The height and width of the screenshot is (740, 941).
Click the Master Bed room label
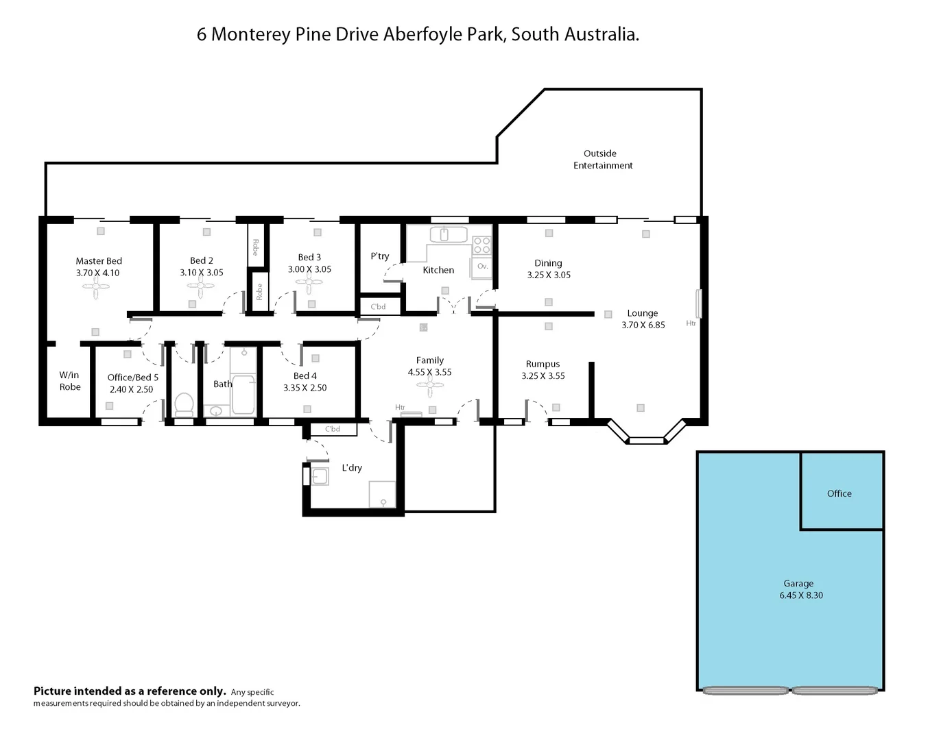click(99, 261)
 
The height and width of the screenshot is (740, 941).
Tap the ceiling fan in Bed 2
click(201, 285)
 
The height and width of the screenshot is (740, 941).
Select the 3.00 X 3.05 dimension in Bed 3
click(309, 269)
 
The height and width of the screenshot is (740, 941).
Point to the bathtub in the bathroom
click(243, 393)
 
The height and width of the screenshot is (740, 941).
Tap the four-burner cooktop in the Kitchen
click(481, 245)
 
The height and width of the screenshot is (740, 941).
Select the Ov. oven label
click(482, 266)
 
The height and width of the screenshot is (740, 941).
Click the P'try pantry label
click(380, 256)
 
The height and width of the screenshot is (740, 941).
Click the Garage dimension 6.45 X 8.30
click(800, 595)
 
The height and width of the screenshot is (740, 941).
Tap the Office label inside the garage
click(839, 493)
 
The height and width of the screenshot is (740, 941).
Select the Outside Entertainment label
click(602, 160)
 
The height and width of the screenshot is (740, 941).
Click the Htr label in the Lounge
click(691, 323)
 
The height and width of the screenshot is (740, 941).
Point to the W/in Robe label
click(70, 381)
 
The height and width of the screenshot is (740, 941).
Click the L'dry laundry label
click(352, 468)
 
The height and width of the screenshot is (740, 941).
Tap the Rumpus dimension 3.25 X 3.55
click(543, 376)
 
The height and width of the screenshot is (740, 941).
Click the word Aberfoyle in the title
click(423, 34)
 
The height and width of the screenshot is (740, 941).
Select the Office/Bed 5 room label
click(132, 378)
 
